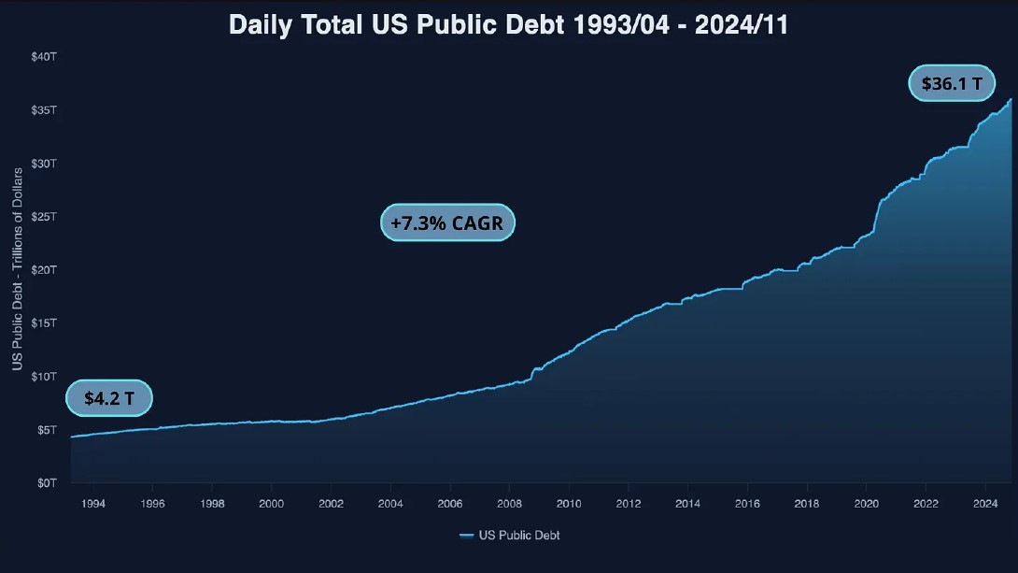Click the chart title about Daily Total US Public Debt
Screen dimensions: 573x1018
coord(509,25)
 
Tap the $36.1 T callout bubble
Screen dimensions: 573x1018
coord(952,83)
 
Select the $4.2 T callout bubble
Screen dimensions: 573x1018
coord(109,398)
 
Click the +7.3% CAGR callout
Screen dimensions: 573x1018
coord(447,223)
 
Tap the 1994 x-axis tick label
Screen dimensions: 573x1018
coord(93,504)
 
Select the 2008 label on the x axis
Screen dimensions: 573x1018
coord(509,504)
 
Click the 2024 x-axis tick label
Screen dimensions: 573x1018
coord(985,504)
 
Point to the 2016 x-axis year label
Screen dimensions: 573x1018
coord(747,504)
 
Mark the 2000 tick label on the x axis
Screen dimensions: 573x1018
coord(271,504)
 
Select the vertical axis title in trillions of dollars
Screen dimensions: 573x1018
coord(18,268)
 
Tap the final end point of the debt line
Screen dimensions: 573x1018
coord(1011,98)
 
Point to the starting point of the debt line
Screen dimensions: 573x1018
coord(71,437)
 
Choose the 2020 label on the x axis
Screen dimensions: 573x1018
coord(866,504)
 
